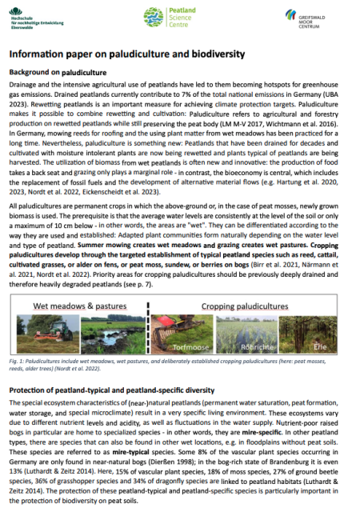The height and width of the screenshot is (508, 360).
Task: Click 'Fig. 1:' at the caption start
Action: (17, 344)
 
